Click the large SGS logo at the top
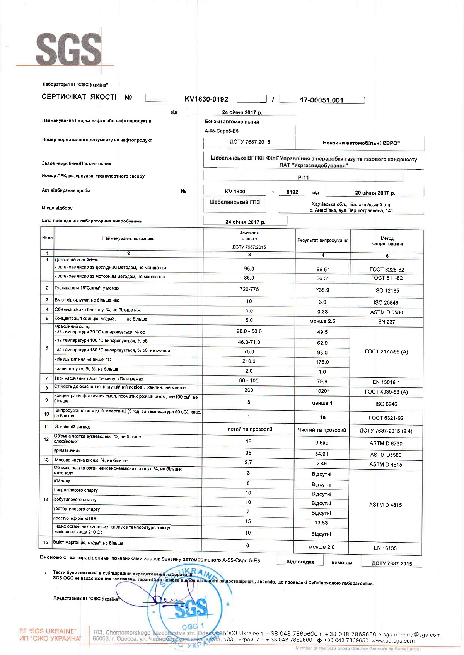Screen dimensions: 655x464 (x=68, y=49)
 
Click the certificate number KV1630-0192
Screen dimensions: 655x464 (x=206, y=99)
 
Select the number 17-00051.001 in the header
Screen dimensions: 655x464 (x=322, y=100)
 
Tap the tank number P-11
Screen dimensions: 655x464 (x=304, y=178)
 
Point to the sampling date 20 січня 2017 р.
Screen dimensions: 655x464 (x=375, y=193)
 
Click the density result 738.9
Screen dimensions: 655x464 (x=322, y=290)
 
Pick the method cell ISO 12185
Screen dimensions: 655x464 (x=386, y=290)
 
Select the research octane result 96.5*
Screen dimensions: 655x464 (x=322, y=270)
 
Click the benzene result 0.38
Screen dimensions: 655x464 (x=322, y=312)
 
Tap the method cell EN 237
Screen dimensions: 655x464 (x=386, y=322)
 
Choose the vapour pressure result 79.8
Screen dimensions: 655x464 (x=322, y=382)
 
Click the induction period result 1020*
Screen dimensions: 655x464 (x=322, y=391)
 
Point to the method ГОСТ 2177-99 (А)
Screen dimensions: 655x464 (x=386, y=352)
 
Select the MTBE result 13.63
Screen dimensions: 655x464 (x=321, y=523)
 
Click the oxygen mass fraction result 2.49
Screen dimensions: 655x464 (x=321, y=464)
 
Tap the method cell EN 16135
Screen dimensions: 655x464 (x=385, y=548)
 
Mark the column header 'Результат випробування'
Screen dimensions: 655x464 (x=323, y=241)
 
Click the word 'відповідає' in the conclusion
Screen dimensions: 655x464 (x=300, y=562)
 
